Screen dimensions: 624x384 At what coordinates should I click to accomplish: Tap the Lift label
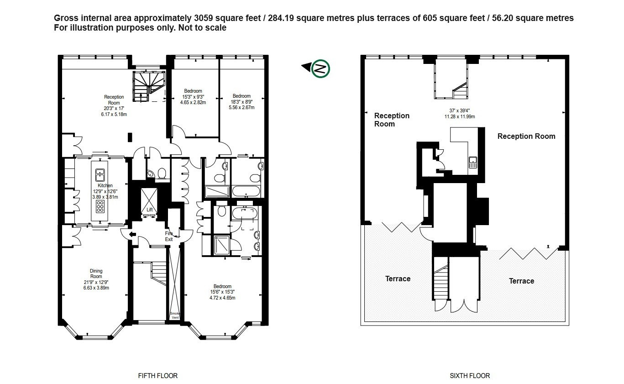(x=150, y=210)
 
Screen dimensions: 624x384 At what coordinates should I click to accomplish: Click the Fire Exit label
(x=169, y=237)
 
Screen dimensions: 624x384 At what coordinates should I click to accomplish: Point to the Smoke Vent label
(x=175, y=316)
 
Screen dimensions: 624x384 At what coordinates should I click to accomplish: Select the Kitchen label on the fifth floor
(x=105, y=185)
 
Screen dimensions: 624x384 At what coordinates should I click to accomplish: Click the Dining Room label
(x=96, y=274)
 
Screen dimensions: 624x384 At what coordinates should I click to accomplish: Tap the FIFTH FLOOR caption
(x=157, y=376)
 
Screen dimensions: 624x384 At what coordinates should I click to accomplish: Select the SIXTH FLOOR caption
(x=470, y=376)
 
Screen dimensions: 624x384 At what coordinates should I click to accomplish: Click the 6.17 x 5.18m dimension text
(x=114, y=114)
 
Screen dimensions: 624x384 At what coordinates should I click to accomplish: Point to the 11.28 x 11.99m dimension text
(x=460, y=116)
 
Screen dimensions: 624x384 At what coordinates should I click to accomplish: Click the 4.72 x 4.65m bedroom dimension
(x=222, y=298)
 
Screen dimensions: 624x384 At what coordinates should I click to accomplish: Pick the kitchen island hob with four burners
(x=100, y=206)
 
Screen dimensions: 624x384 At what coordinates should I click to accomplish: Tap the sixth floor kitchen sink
(x=473, y=162)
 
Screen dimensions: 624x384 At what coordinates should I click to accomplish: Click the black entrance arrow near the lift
(x=132, y=234)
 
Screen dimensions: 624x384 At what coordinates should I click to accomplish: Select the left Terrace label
(x=398, y=279)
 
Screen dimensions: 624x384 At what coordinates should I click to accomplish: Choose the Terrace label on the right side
(x=521, y=281)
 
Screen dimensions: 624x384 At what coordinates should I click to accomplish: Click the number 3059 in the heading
(x=203, y=18)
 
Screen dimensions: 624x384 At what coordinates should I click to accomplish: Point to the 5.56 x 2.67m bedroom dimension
(x=241, y=107)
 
